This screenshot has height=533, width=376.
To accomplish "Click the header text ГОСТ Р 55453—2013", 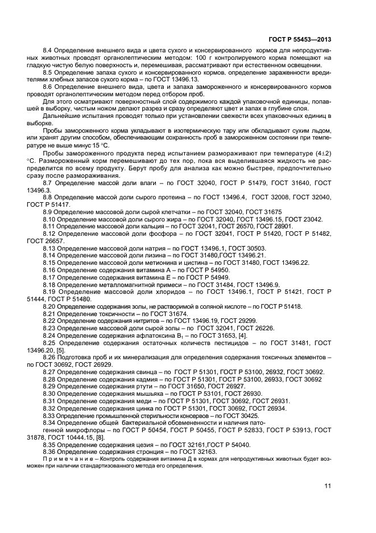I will (x=299, y=40).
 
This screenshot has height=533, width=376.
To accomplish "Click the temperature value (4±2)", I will (x=319, y=154).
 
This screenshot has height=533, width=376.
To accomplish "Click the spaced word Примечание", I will (x=65, y=458).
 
